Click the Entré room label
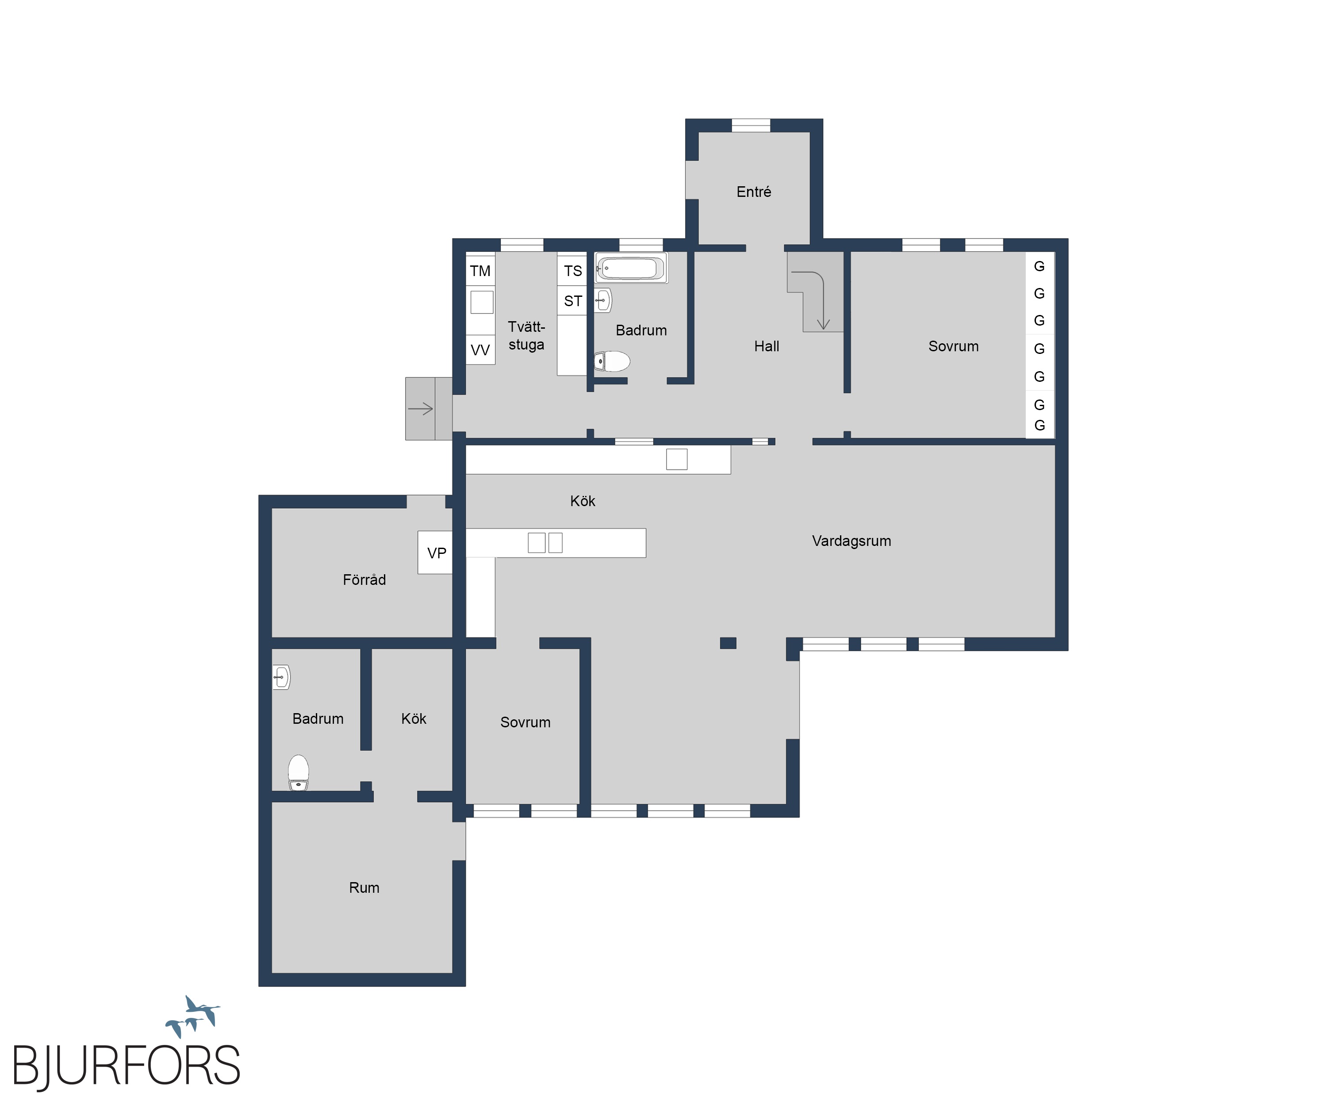pyautogui.click(x=753, y=192)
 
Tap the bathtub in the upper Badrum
pyautogui.click(x=631, y=268)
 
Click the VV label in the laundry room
pyautogui.click(x=480, y=349)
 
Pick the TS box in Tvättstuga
pyautogui.click(x=572, y=270)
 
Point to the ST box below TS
pyautogui.click(x=572, y=301)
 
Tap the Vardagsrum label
pyautogui.click(x=851, y=541)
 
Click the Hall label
pyautogui.click(x=767, y=346)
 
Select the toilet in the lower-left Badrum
pyautogui.click(x=298, y=772)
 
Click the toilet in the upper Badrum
pyautogui.click(x=612, y=361)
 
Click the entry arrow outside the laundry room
pyautogui.click(x=420, y=409)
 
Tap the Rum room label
pyautogui.click(x=364, y=887)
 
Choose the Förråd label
pyautogui.click(x=364, y=580)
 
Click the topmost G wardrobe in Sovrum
pyautogui.click(x=1039, y=266)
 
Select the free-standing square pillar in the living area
pyautogui.click(x=728, y=643)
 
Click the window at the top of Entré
pyautogui.click(x=751, y=125)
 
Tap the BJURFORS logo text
pyautogui.click(x=127, y=1066)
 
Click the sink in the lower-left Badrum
pyautogui.click(x=281, y=677)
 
